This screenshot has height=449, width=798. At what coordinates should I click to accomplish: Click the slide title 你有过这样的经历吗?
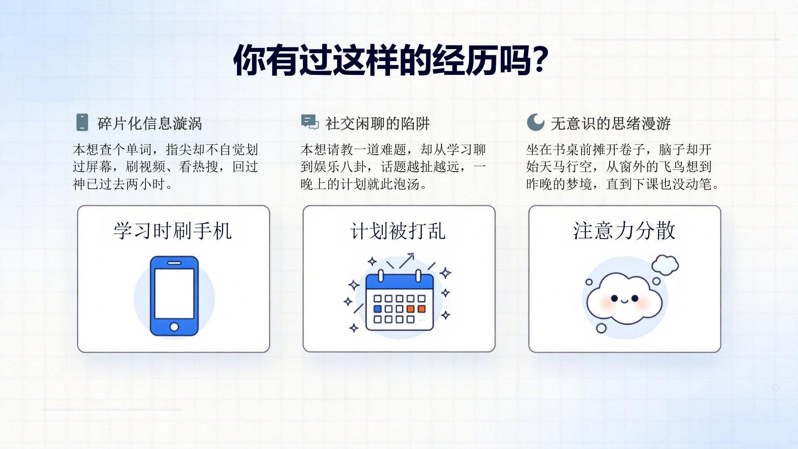point(391,61)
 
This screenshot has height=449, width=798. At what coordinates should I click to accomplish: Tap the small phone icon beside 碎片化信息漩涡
point(82,122)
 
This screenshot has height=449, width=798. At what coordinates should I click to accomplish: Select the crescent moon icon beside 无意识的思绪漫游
point(535,122)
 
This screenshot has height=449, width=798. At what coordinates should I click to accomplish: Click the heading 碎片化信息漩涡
point(150,123)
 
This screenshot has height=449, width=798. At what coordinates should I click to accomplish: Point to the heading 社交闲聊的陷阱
point(377,123)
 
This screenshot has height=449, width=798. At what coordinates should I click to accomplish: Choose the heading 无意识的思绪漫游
point(611,123)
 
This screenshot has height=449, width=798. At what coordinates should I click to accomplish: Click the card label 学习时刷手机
point(172,231)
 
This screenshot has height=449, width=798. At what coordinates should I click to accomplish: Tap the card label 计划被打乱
point(398,231)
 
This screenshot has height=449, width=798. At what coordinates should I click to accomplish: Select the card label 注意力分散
point(624,231)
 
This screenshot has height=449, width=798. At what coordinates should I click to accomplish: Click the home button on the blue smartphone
point(174,327)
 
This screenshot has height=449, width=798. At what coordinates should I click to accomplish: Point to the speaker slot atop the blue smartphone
point(174,263)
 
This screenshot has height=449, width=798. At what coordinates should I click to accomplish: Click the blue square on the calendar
point(377,309)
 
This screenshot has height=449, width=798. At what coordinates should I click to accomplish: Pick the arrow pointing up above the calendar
point(406,261)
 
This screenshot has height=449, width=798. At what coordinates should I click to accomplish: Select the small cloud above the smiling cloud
point(665,265)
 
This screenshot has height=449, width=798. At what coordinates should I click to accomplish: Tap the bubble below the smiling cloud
point(601,328)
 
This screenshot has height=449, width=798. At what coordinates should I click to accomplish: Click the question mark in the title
point(540,59)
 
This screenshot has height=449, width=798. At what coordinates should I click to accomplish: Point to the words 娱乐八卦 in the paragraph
point(340,167)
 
